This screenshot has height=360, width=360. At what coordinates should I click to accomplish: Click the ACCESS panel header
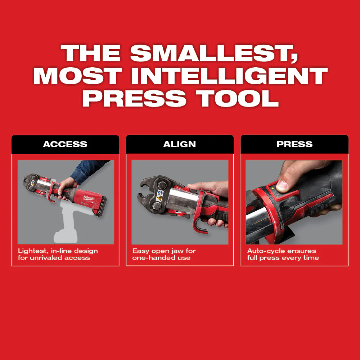pyautogui.click(x=65, y=144)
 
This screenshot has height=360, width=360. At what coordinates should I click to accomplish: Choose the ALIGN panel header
pyautogui.click(x=180, y=144)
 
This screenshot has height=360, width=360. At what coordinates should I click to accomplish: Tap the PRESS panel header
pyautogui.click(x=294, y=144)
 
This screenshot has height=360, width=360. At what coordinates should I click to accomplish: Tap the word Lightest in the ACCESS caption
pyautogui.click(x=32, y=251)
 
